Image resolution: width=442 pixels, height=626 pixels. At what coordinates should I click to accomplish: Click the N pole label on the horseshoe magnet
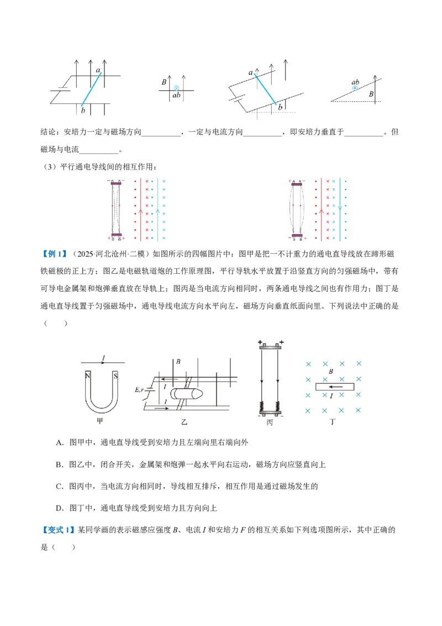pyautogui.click(x=88, y=375)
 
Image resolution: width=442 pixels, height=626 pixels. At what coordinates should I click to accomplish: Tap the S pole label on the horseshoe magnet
pyautogui.click(x=115, y=375)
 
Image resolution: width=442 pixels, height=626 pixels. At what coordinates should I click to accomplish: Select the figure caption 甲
pyautogui.click(x=100, y=420)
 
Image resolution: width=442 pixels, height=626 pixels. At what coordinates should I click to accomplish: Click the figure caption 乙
pyautogui.click(x=185, y=421)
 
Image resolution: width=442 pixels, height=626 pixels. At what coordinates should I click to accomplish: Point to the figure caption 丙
pyautogui.click(x=270, y=422)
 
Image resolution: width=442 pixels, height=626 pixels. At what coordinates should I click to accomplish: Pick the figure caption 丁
pyautogui.click(x=333, y=421)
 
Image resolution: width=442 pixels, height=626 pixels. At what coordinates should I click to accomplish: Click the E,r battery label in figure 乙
pyautogui.click(x=139, y=389)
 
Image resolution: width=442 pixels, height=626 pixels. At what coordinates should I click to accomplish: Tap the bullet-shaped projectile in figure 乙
pyautogui.click(x=187, y=394)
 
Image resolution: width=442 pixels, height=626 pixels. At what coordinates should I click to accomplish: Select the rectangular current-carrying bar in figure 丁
pyautogui.click(x=334, y=387)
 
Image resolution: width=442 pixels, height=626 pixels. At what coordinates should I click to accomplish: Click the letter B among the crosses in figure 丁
pyautogui.click(x=331, y=371)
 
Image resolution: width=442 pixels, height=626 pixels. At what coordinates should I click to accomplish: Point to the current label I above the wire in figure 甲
pyautogui.click(x=104, y=358)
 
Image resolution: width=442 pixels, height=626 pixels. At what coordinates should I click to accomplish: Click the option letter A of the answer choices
pyautogui.click(x=60, y=442)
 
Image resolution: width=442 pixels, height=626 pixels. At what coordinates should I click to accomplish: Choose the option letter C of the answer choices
pyautogui.click(x=60, y=486)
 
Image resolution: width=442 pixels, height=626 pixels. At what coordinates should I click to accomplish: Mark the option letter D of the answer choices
pyautogui.click(x=60, y=508)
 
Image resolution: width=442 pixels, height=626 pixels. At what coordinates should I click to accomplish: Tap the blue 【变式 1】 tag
pyautogui.click(x=58, y=530)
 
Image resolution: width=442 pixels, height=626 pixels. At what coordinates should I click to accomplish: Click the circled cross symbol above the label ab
pyautogui.click(x=176, y=88)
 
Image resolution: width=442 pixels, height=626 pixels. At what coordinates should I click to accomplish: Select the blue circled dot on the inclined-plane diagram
pyautogui.click(x=355, y=88)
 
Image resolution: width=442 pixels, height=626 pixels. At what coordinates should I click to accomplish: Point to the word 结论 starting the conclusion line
pyautogui.click(x=48, y=132)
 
